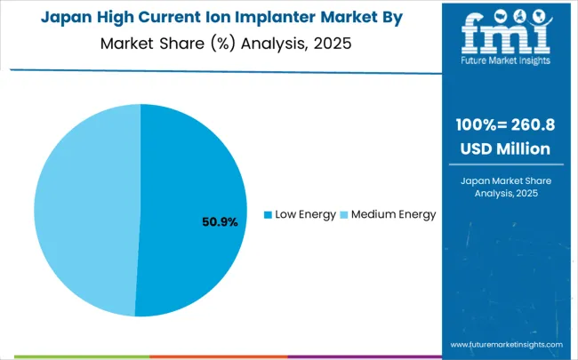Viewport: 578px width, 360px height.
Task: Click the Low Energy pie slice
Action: pos(191,178)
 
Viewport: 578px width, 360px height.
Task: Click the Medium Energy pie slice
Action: pos(84,209)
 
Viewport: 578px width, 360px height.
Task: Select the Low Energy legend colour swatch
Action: pos(268,214)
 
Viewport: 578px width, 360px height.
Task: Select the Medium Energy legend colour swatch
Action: pos(344,214)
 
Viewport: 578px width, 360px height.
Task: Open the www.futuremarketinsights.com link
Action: pos(506,343)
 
